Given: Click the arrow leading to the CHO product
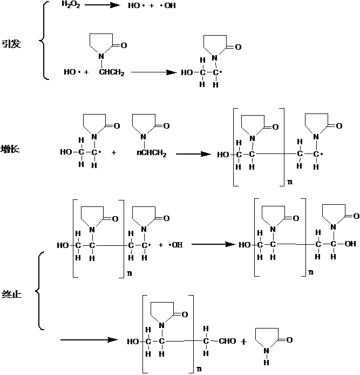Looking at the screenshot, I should click(89, 340).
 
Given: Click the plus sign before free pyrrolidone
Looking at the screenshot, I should click(244, 341).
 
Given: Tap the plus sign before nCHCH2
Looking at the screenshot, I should click(114, 153).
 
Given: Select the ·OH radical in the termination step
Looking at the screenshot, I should click(176, 245).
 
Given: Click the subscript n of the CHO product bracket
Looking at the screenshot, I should click(200, 370).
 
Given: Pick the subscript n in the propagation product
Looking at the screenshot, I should click(290, 182).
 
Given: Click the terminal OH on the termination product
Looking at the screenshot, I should click(349, 244).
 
